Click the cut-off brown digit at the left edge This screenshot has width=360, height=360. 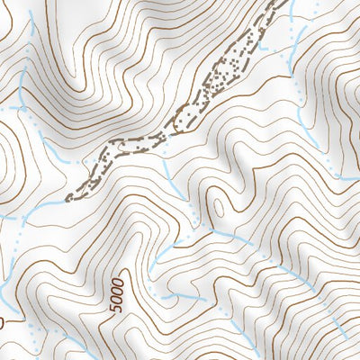tap(2, 320)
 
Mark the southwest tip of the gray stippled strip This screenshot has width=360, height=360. tap(70, 197)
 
